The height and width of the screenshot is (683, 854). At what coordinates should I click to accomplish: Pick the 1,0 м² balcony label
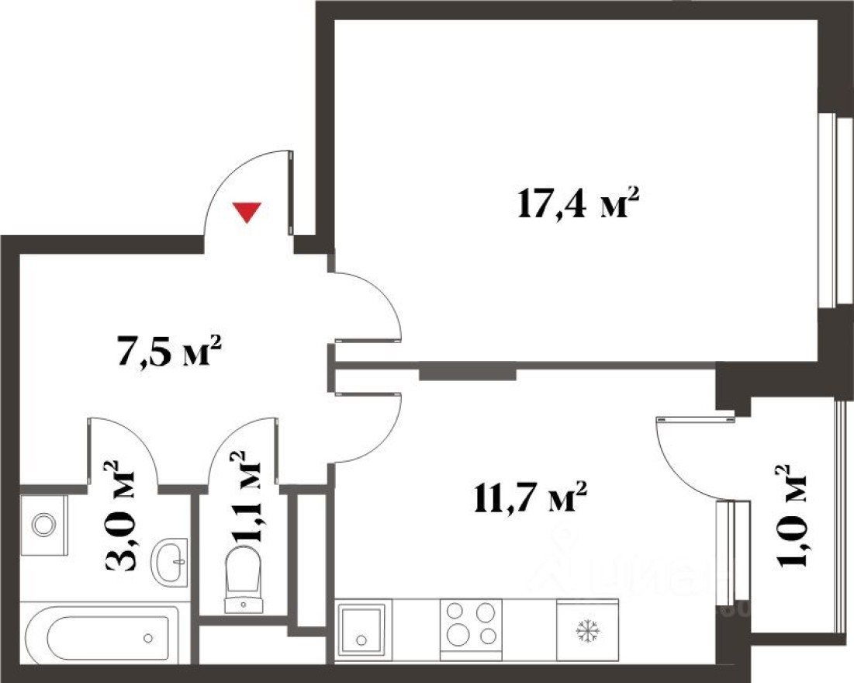point(790,517)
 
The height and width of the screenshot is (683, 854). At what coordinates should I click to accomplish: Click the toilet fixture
point(243,579)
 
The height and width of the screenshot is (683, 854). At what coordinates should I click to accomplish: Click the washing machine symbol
point(43,525)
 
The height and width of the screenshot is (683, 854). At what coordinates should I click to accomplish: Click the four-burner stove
point(471,623)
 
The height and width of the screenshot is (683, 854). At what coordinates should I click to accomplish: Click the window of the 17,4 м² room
point(829,210)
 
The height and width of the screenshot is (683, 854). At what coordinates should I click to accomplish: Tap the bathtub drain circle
point(147,639)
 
